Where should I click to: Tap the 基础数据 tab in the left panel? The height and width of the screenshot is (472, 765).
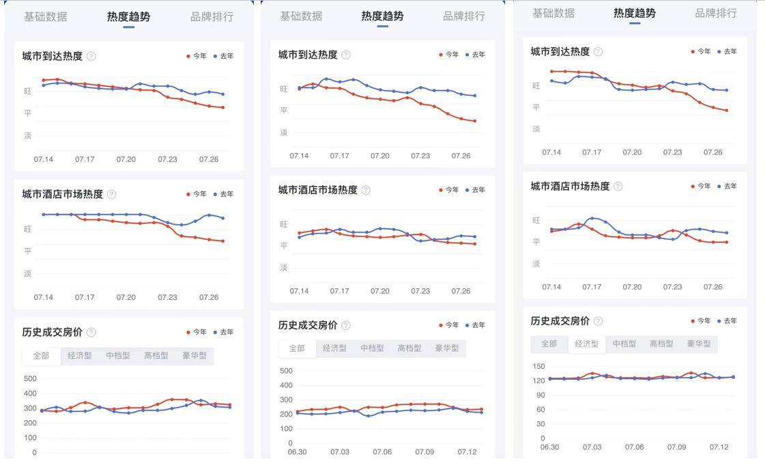(45, 17)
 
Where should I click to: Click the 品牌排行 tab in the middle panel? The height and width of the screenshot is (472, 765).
(464, 16)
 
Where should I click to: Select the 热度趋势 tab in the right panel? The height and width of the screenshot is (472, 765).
(635, 13)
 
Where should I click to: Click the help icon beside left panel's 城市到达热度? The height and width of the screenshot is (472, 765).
(91, 56)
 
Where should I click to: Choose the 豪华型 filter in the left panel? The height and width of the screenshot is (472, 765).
(194, 356)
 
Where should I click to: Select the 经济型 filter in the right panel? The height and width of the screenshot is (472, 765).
(587, 344)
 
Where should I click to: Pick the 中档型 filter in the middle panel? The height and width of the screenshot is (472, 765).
(372, 348)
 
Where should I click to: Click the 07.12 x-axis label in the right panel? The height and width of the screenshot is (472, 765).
(719, 447)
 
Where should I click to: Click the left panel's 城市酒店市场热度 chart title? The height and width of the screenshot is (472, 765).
(62, 194)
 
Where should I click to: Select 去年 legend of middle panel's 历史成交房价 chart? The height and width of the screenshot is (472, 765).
(476, 325)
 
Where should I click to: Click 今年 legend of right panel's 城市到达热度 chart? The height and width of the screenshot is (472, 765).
(700, 51)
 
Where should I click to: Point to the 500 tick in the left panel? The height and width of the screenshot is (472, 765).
(30, 378)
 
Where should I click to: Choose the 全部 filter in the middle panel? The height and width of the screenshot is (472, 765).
(297, 348)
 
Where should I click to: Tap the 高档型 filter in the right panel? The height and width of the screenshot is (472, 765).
(661, 344)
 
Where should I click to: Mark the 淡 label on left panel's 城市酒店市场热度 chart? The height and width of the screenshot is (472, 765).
(28, 273)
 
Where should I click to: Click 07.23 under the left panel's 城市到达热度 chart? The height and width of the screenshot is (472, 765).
(167, 159)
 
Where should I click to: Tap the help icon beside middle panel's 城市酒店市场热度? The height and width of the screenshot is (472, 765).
(366, 190)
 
